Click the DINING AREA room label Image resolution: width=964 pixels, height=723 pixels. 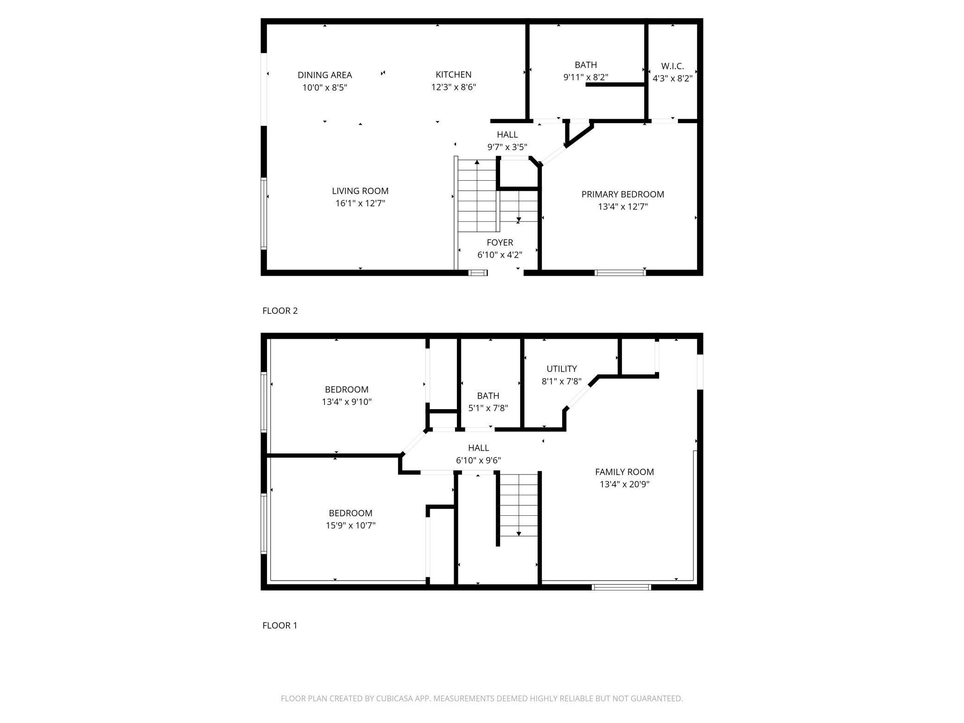click(324, 75)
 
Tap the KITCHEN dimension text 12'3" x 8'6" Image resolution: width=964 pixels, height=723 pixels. click(453, 87)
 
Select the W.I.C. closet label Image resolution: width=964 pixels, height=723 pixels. click(672, 66)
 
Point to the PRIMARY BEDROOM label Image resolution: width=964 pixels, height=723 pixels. click(622, 195)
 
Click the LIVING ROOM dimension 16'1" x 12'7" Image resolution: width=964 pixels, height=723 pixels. click(360, 203)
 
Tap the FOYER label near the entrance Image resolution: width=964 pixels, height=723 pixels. click(500, 243)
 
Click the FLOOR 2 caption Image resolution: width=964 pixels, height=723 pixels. click(280, 311)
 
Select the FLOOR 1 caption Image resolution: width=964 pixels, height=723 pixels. click(279, 626)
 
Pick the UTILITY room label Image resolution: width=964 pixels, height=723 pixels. click(561, 369)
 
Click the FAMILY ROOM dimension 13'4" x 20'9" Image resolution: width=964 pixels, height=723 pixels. click(624, 485)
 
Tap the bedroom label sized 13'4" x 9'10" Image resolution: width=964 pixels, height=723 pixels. click(347, 390)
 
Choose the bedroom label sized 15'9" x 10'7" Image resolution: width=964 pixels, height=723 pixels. click(350, 514)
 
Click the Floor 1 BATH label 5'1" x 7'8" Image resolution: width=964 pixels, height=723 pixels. click(488, 396)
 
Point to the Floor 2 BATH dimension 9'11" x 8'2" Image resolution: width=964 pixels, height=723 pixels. click(585, 77)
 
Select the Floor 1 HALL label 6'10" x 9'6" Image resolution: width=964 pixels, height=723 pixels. click(478, 448)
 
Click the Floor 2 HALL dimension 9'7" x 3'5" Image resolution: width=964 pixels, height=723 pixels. click(507, 147)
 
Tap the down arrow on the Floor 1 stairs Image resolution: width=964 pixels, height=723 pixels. click(519, 533)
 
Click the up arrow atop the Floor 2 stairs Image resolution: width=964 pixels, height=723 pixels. click(477, 162)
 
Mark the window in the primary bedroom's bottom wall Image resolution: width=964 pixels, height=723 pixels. click(620, 273)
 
